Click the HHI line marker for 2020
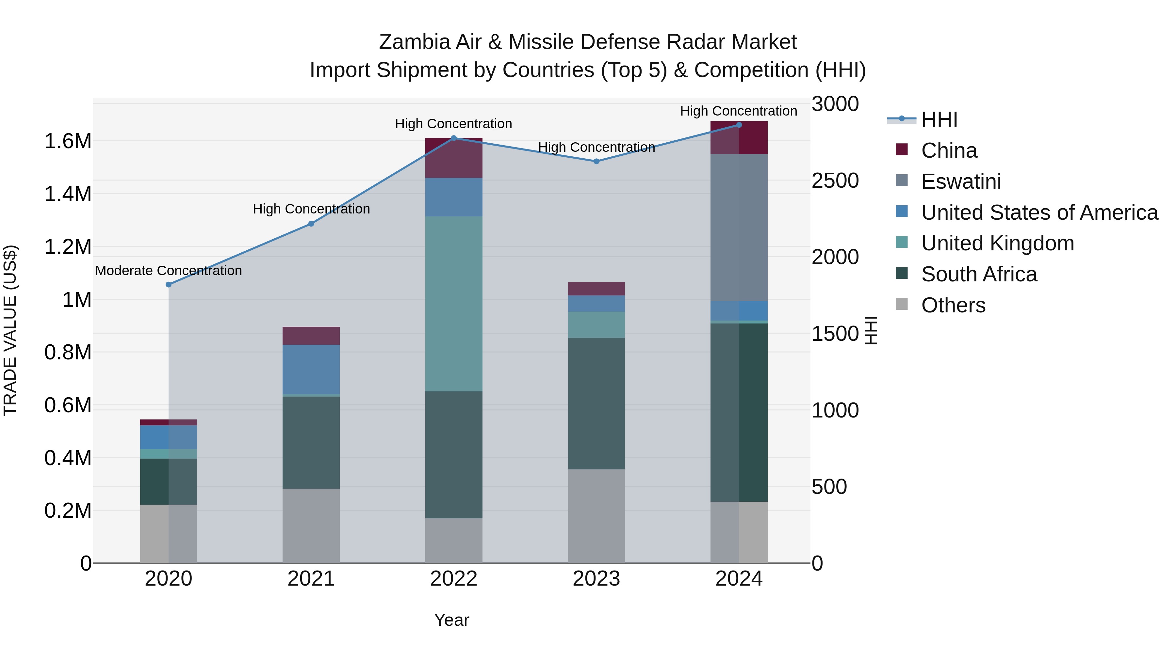click(169, 285)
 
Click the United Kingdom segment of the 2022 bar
click(454, 304)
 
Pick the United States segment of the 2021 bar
click(311, 369)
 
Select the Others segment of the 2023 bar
click(596, 516)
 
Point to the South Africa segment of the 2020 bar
click(169, 481)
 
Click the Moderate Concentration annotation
click(169, 271)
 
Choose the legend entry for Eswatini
click(961, 181)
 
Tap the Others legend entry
click(953, 305)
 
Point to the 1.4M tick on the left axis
click(68, 194)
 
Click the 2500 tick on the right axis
click(835, 181)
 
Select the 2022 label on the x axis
click(454, 579)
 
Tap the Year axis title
click(451, 620)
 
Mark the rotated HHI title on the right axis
click(871, 330)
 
